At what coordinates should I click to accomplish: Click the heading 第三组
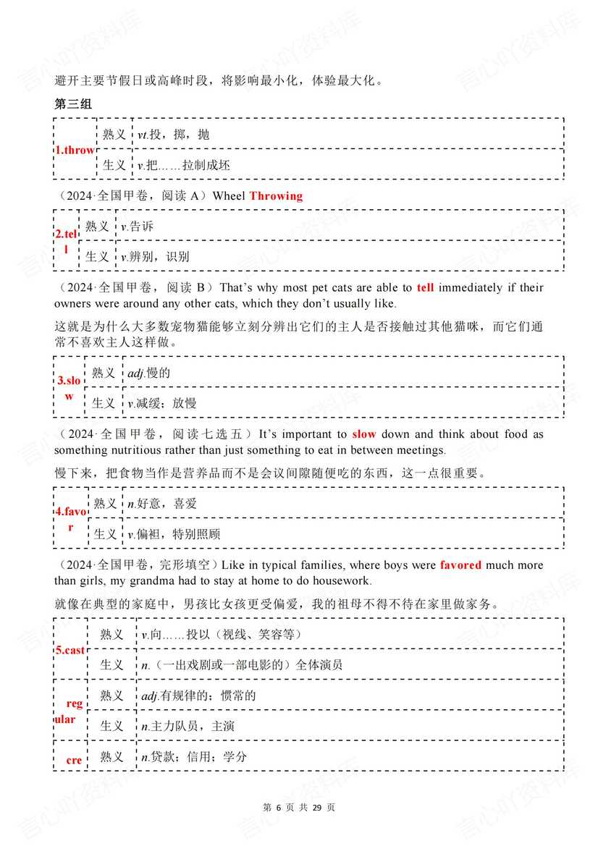point(73,104)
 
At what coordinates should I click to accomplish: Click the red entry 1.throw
point(75,150)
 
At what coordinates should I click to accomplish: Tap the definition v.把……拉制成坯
point(184,165)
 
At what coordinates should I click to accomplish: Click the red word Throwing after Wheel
point(276,195)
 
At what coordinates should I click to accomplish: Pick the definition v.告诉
point(138,227)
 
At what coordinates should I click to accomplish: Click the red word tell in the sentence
point(426,287)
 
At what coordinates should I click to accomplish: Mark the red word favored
point(460,564)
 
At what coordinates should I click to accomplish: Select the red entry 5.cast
point(70,650)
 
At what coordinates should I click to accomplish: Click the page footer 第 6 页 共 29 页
point(298,807)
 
